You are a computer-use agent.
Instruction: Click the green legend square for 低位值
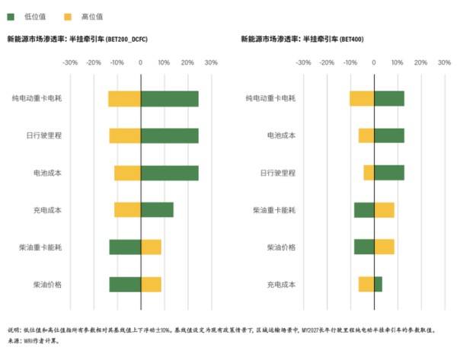[11, 15]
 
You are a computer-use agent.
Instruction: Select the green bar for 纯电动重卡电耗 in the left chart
[169, 99]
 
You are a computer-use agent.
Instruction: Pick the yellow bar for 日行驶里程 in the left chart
[125, 136]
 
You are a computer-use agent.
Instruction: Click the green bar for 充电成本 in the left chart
[157, 210]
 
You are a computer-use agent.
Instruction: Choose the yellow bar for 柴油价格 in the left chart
[151, 285]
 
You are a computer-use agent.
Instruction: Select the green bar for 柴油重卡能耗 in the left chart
[125, 247]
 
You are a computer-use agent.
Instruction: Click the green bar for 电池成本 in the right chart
[388, 136]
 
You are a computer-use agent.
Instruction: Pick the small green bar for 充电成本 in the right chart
[378, 285]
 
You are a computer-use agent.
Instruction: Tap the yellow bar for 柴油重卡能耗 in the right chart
[384, 210]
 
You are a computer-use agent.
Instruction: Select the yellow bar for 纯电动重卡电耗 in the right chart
[362, 99]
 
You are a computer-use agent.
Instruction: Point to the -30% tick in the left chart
[70, 63]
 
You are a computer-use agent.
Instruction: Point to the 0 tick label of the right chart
[374, 63]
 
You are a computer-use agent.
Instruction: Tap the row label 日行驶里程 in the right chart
[281, 174]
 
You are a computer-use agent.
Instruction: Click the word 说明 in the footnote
[14, 330]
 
